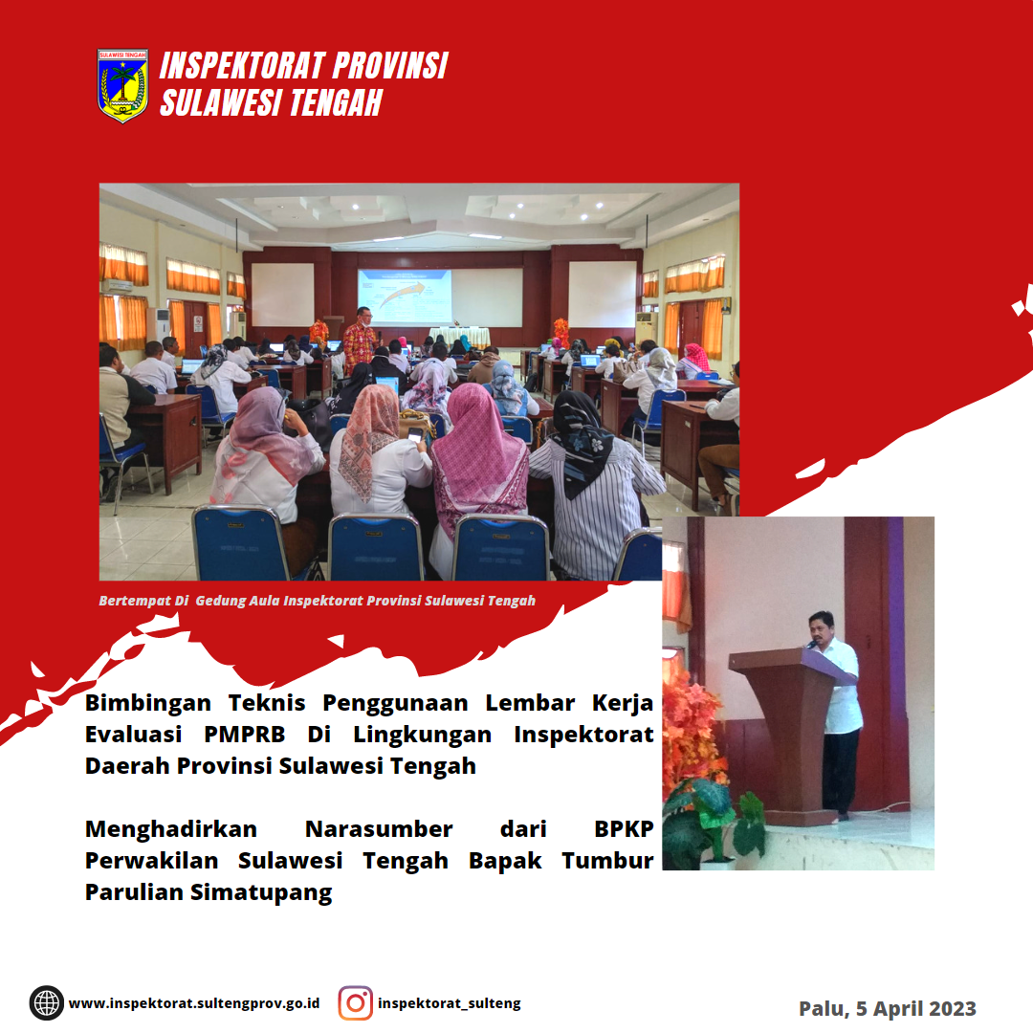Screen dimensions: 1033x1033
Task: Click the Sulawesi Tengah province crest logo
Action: click(122, 86)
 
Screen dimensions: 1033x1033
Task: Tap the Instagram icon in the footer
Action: click(355, 1003)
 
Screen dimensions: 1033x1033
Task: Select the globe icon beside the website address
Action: click(47, 1003)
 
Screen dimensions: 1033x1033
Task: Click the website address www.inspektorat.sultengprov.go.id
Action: click(193, 1003)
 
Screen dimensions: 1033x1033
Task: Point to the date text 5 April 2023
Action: click(915, 1009)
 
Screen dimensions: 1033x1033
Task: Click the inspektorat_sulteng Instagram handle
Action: click(450, 1003)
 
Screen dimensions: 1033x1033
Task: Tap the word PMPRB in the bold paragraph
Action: click(245, 734)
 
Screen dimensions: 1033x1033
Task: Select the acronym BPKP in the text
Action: click(624, 828)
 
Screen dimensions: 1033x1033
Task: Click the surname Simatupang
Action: click(261, 892)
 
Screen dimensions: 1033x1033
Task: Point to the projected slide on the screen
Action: click(405, 296)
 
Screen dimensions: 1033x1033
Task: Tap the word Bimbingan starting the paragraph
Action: click(147, 704)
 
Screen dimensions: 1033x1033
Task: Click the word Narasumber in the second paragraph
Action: click(379, 828)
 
